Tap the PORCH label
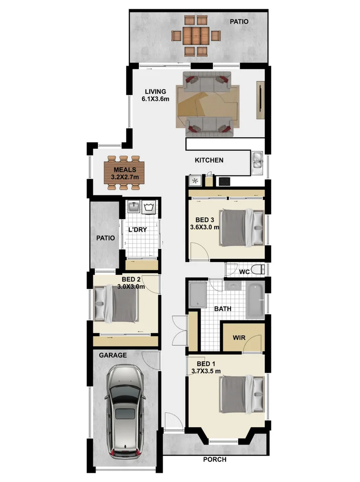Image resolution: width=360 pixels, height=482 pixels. [214, 460]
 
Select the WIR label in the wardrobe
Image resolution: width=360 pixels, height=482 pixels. [239, 338]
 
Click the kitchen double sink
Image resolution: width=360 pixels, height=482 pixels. [257, 160]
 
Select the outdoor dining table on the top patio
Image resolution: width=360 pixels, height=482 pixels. [196, 35]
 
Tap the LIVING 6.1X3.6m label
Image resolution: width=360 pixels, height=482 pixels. [156, 95]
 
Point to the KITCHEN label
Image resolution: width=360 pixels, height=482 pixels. [209, 160]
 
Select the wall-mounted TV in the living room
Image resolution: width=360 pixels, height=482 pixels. [261, 100]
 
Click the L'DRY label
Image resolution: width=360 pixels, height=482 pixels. [137, 230]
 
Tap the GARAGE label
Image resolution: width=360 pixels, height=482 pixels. [113, 355]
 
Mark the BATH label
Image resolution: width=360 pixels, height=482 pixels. [223, 308]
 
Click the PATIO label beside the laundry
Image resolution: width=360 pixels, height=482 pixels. [106, 238]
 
